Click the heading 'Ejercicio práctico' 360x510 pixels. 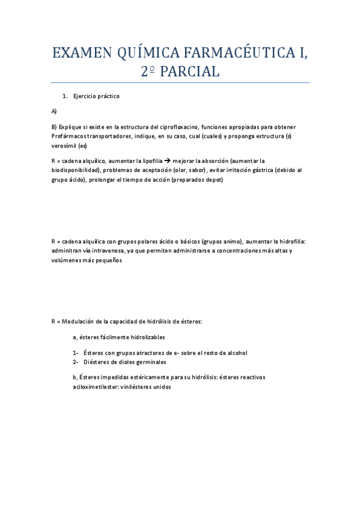tap(96, 96)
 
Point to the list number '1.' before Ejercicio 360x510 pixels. tap(66, 96)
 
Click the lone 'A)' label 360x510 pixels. tap(54, 112)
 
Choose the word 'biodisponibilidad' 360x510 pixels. tap(76, 171)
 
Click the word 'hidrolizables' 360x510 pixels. tap(147, 337)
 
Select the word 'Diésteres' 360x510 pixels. tap(97, 362)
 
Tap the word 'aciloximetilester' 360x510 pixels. tap(96, 387)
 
